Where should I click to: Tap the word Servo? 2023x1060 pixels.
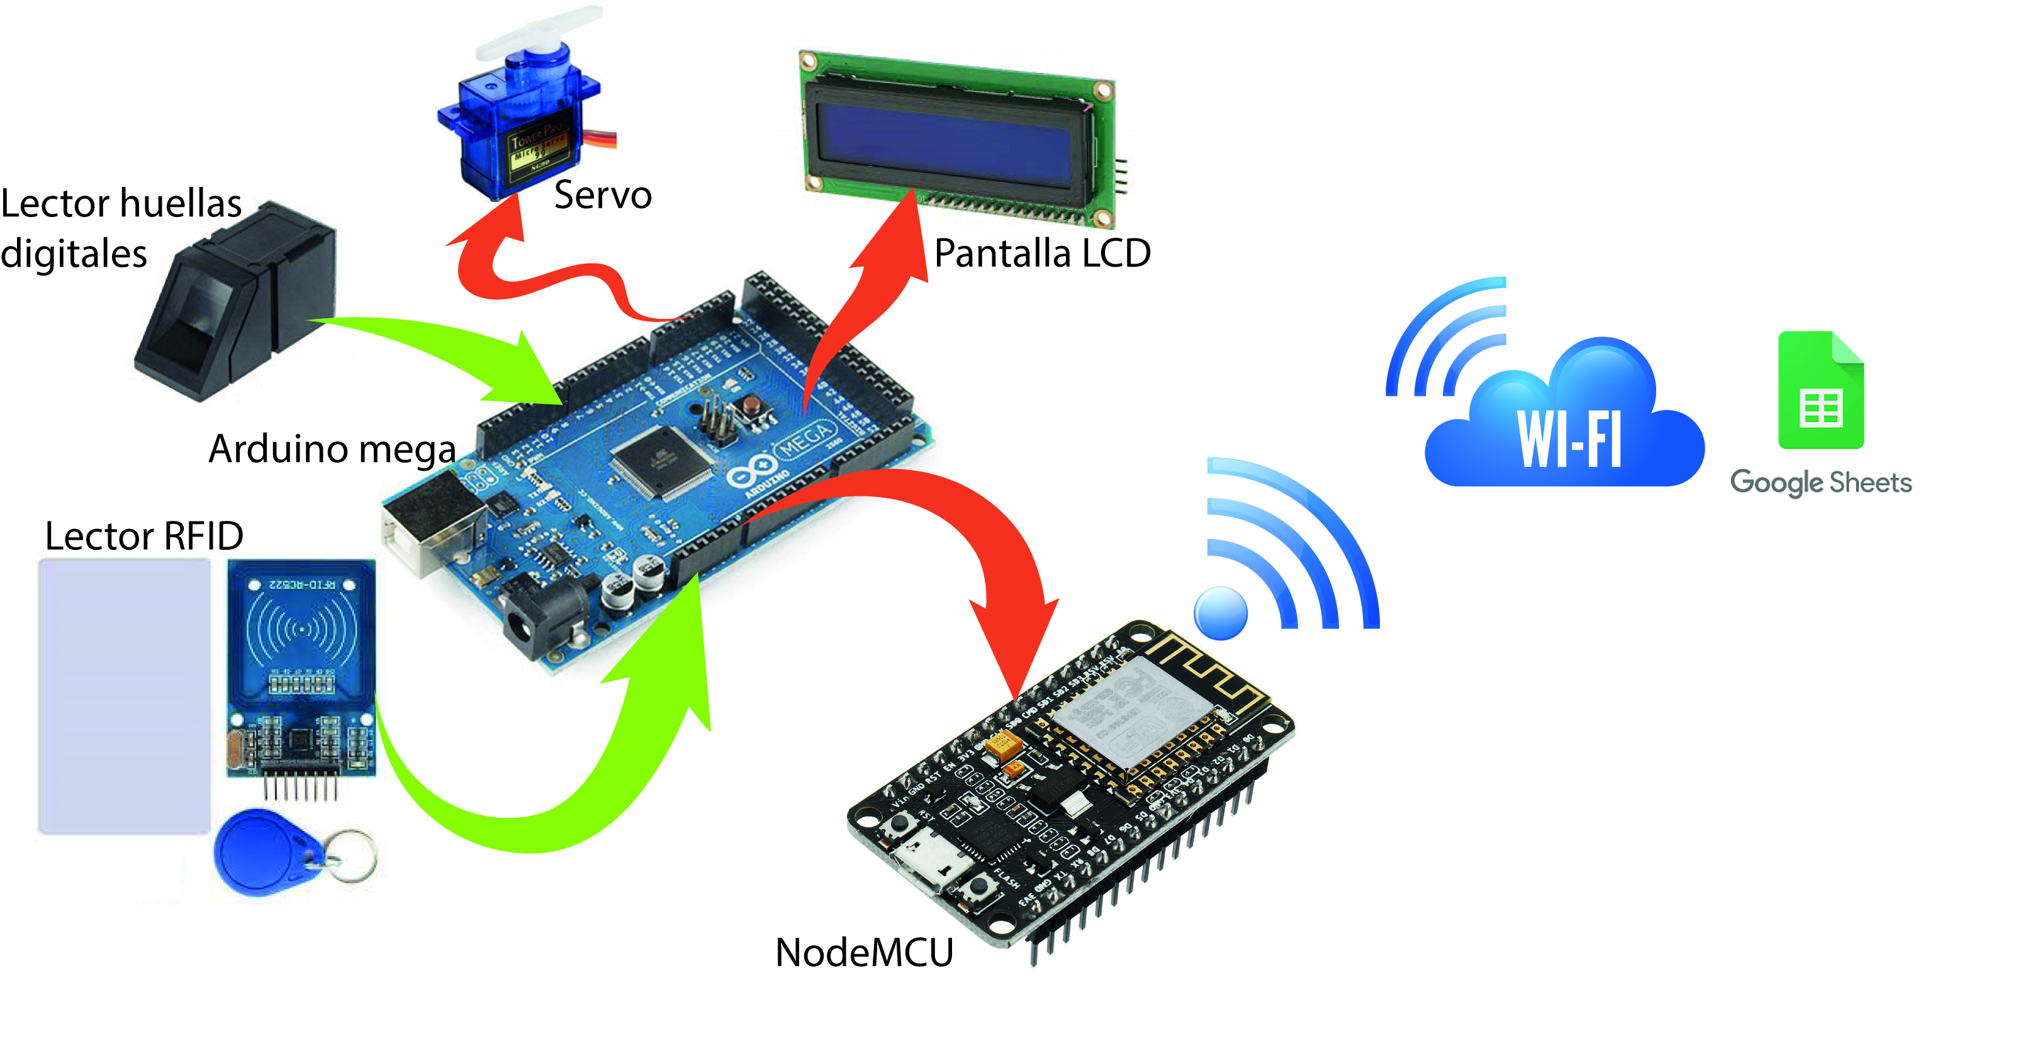point(602,195)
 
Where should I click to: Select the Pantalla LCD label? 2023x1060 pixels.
point(1042,254)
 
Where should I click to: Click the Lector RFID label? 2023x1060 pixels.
point(143,536)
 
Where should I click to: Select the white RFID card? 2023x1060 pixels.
point(124,696)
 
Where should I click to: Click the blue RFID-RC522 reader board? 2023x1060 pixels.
point(301,667)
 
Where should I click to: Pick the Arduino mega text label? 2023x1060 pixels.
point(332,449)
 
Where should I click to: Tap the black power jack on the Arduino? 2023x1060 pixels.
point(542,620)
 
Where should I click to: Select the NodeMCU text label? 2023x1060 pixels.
point(864,952)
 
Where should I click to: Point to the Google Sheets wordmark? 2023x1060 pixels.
point(1820,482)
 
